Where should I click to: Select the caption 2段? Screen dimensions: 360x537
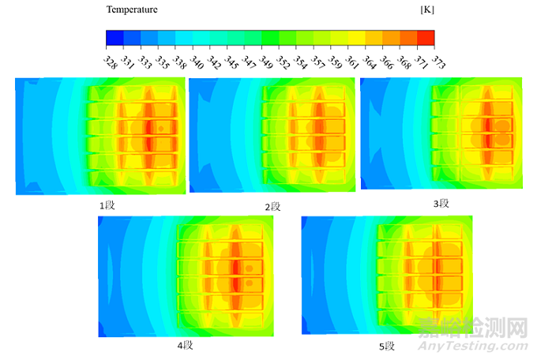click(x=273, y=206)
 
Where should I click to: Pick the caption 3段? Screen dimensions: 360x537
click(x=441, y=203)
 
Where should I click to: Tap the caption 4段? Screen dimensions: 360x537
click(x=185, y=345)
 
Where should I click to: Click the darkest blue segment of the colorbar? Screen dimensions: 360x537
click(x=115, y=38)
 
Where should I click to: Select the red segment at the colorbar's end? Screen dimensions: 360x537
click(x=426, y=38)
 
